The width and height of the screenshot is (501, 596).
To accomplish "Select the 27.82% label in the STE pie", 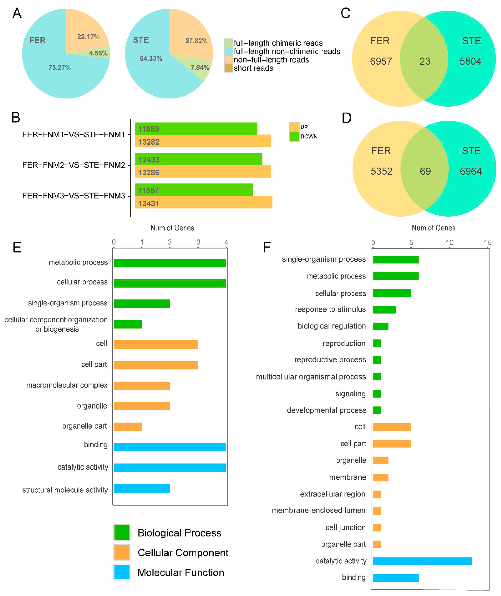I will pos(197,41).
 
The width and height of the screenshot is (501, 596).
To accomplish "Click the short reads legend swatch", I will pos(229,68).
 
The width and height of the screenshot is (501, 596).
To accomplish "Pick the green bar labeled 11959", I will pos(196,129).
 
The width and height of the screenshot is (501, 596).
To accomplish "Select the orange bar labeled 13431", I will pos(203,202).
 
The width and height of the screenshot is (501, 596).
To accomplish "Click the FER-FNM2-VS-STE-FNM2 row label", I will pos(74,165).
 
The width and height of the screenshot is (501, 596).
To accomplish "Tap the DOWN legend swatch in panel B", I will pos(294,137).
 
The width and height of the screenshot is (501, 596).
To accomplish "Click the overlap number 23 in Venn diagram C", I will pos(425,61).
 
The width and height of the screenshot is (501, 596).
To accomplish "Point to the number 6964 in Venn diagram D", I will pos(471,171).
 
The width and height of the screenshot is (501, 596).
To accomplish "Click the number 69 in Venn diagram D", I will pos(425,171).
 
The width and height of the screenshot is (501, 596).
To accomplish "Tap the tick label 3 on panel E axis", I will pos(198,242).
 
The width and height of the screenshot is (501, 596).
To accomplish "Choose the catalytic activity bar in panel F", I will pos(422,561).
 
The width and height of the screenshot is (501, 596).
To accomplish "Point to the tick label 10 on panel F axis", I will pos(449,243).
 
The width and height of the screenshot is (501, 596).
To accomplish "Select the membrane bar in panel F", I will pos(381,477).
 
